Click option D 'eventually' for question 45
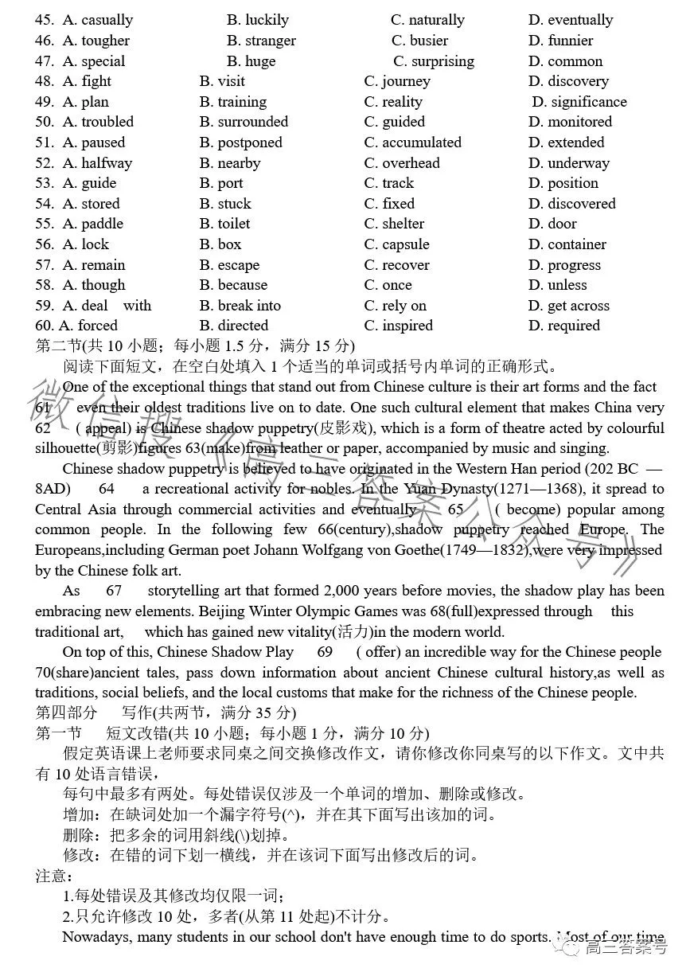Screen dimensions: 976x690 coord(570,20)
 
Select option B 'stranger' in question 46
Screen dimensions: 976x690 coord(261,41)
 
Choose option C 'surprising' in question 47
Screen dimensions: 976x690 coord(434,61)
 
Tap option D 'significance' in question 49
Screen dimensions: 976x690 coord(579,102)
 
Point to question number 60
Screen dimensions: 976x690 coord(44,326)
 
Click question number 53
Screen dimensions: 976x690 coord(45,183)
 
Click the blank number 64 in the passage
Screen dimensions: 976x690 coord(107,489)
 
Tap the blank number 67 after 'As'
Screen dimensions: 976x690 coord(114,591)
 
